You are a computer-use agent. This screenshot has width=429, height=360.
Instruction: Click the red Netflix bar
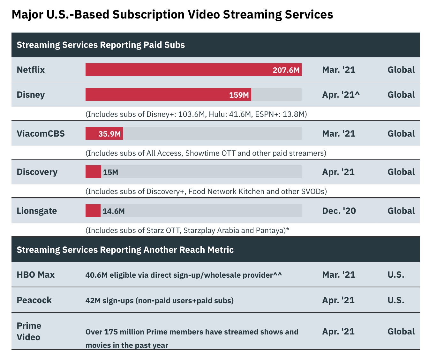point(179,70)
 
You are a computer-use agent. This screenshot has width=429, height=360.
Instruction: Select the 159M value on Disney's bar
point(239,95)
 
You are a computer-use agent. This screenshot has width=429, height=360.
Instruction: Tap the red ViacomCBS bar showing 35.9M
point(104,133)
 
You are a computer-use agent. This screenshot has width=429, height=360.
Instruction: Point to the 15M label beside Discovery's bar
point(110,172)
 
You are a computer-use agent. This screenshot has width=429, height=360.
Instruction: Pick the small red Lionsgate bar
point(93,211)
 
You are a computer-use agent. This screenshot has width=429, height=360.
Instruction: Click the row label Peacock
point(34,300)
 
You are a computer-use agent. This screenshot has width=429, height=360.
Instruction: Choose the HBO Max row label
point(36,275)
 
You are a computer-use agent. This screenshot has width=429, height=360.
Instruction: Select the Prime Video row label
point(29,331)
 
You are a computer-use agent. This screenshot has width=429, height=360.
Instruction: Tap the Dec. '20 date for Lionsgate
point(339,211)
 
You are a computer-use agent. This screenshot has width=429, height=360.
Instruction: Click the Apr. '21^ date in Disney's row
point(341,95)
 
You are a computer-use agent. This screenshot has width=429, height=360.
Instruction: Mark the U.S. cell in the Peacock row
point(396,300)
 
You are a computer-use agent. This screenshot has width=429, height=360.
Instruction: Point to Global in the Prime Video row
point(401,332)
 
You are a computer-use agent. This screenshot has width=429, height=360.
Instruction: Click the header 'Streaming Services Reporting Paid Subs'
point(101,45)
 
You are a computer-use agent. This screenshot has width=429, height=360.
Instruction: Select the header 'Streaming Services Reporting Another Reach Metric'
point(125,250)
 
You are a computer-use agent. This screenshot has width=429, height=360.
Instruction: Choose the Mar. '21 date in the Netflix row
point(339,70)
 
